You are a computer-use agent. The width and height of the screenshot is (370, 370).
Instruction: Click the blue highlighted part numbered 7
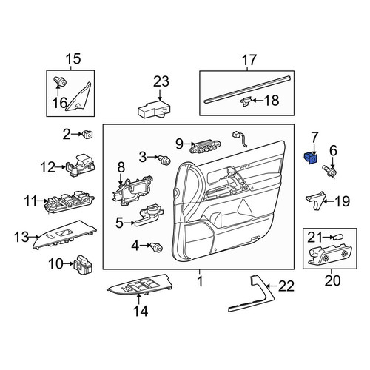(310, 158)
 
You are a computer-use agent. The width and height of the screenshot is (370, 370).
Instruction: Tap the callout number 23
(161, 81)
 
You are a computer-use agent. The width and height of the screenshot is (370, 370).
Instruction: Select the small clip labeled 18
(246, 101)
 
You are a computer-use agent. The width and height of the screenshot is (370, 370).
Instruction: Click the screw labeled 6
(329, 171)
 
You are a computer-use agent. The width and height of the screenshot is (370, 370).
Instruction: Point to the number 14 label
(141, 311)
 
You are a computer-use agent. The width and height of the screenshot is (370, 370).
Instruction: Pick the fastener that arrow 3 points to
(164, 160)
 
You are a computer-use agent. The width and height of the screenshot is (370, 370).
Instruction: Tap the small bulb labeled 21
(337, 238)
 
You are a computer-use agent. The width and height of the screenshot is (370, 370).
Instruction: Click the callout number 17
(249, 60)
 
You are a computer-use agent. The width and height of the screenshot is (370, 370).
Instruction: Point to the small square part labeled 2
(88, 134)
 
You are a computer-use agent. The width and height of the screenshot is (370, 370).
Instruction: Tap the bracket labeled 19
(315, 200)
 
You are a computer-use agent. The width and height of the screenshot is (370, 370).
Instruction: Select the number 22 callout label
(286, 286)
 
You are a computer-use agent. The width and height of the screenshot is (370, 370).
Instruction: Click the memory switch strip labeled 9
(205, 147)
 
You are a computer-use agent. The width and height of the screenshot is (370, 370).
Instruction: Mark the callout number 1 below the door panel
(201, 281)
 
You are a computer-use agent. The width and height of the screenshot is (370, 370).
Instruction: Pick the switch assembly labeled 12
(81, 166)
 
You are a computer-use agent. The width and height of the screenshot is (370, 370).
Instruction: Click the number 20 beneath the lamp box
(332, 280)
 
